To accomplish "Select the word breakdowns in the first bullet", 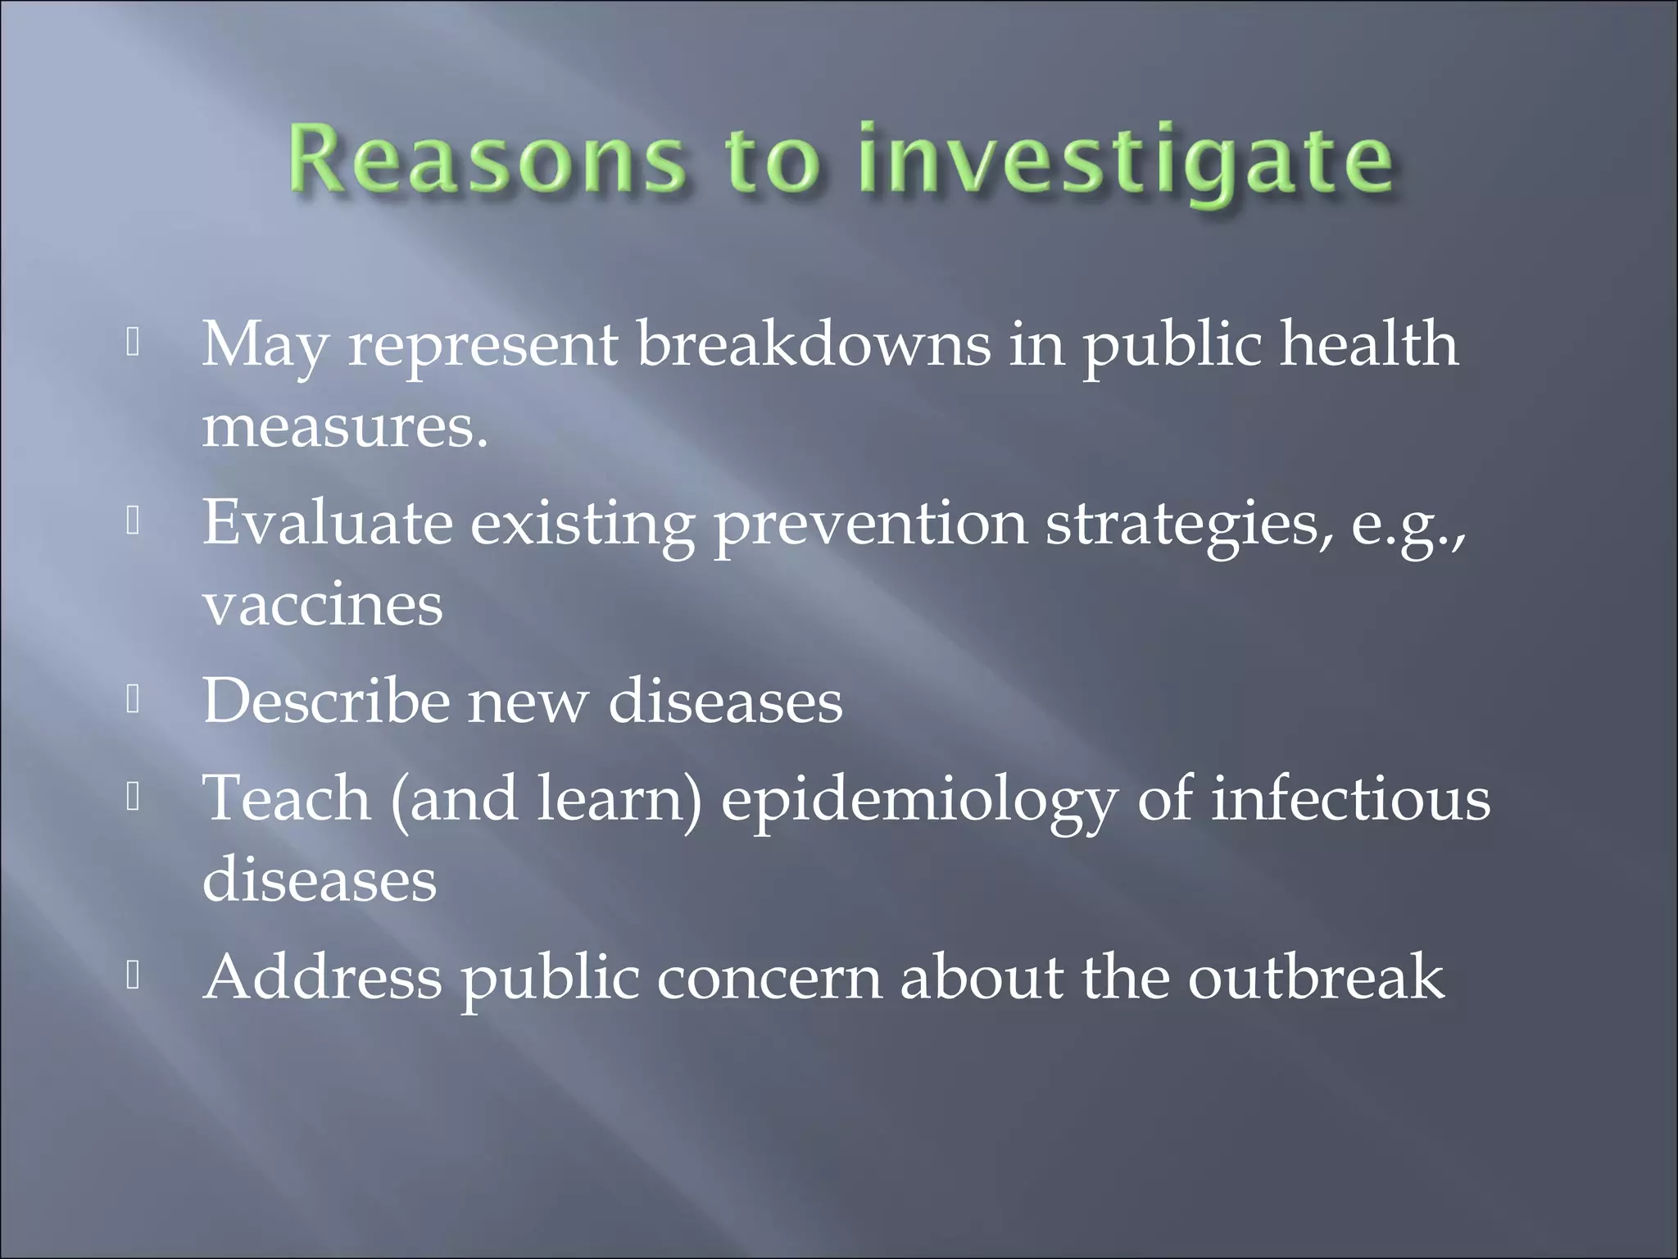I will pos(813,344).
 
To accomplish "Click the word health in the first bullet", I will pos(1369,344).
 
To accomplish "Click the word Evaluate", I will pos(327,522).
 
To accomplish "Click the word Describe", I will pos(326,701).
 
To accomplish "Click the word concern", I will pos(769,978).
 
